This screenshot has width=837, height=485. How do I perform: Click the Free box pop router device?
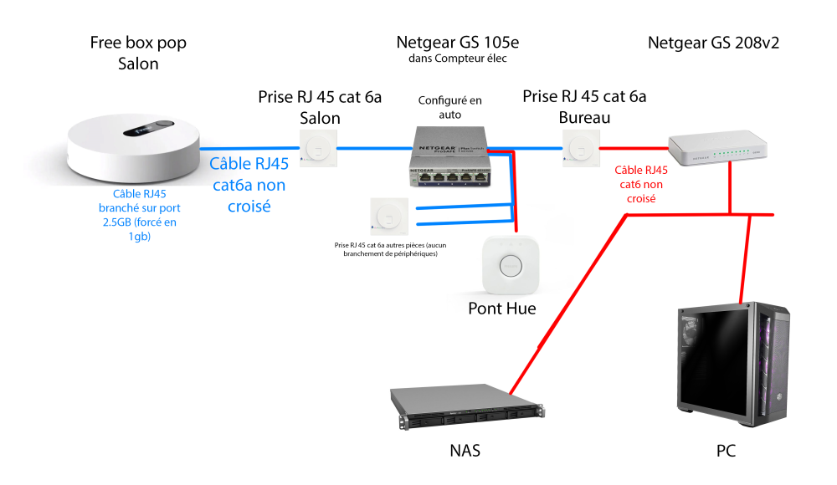click(x=135, y=149)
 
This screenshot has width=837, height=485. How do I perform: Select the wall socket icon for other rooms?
click(x=388, y=217)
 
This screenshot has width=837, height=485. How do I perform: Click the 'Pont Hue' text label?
click(x=502, y=309)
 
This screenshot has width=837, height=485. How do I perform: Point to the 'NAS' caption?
click(x=465, y=452)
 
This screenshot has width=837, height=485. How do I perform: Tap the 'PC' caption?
click(x=727, y=452)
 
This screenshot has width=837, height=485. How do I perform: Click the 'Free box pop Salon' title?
click(x=138, y=53)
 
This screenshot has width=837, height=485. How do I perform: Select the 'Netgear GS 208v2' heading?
click(x=713, y=43)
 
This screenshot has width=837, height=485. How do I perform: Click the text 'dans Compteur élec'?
click(x=457, y=59)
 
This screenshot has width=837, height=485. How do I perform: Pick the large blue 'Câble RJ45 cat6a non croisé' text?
click(x=249, y=184)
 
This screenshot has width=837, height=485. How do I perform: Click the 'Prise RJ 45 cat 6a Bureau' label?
click(x=584, y=107)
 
